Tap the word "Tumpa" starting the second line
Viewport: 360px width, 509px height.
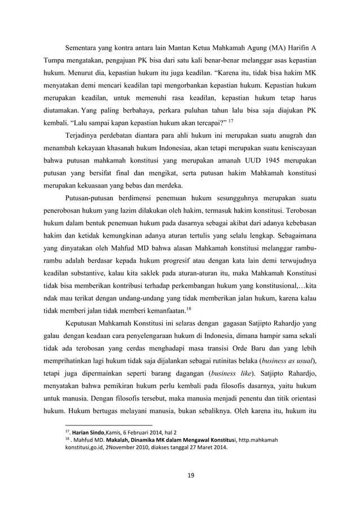pos(54,60)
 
